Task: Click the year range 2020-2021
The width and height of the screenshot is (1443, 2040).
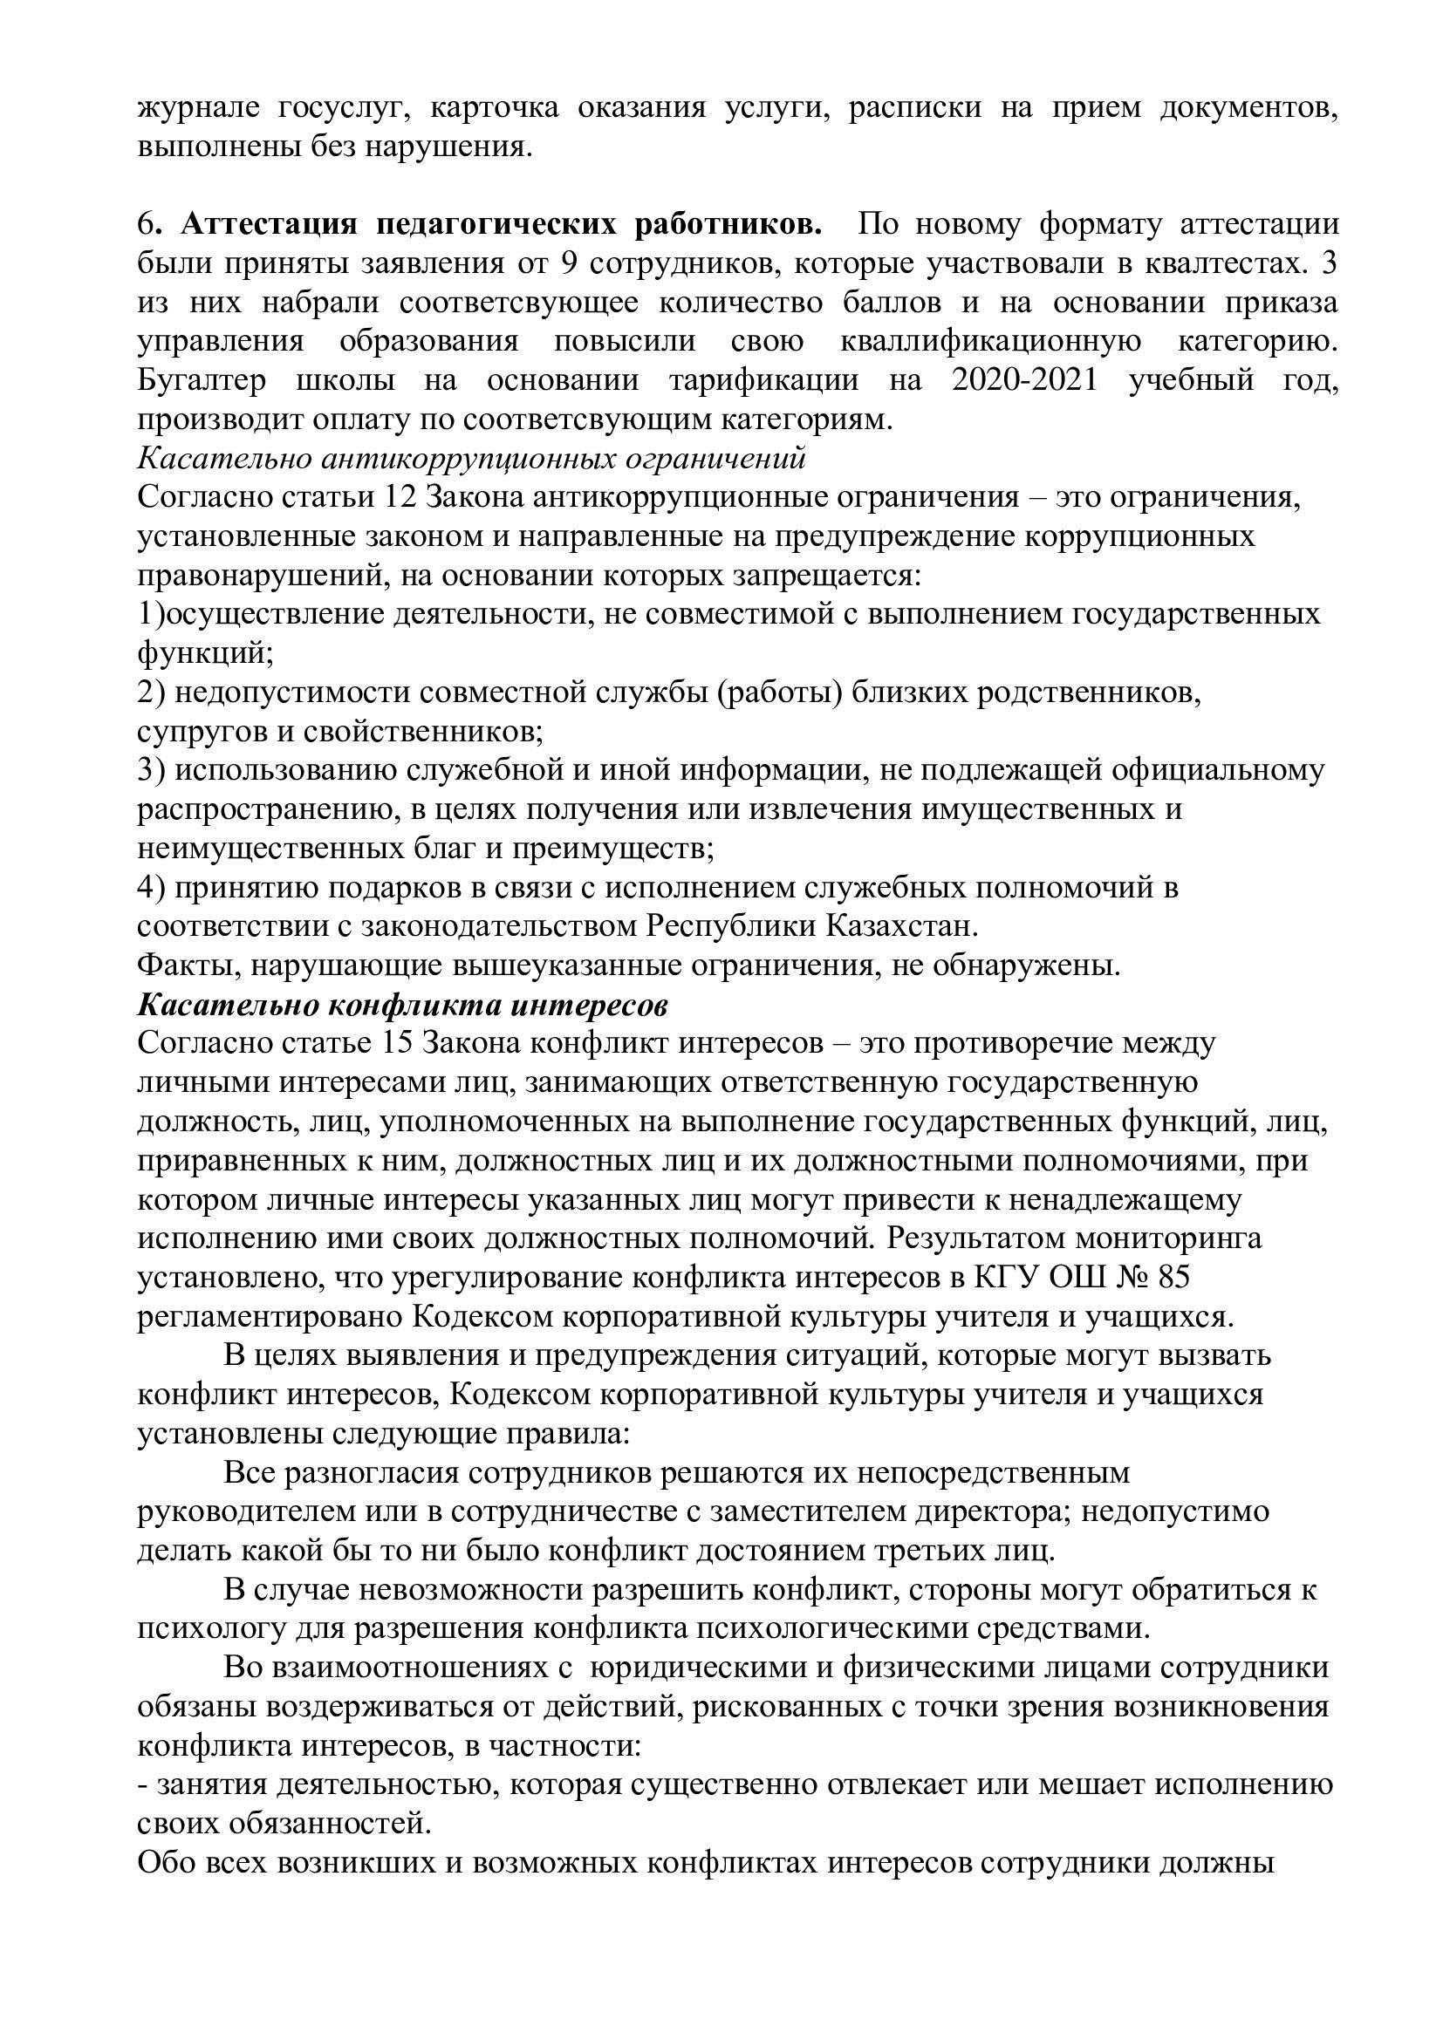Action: pos(1023,380)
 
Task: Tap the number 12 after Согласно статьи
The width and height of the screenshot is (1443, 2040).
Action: pos(396,496)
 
